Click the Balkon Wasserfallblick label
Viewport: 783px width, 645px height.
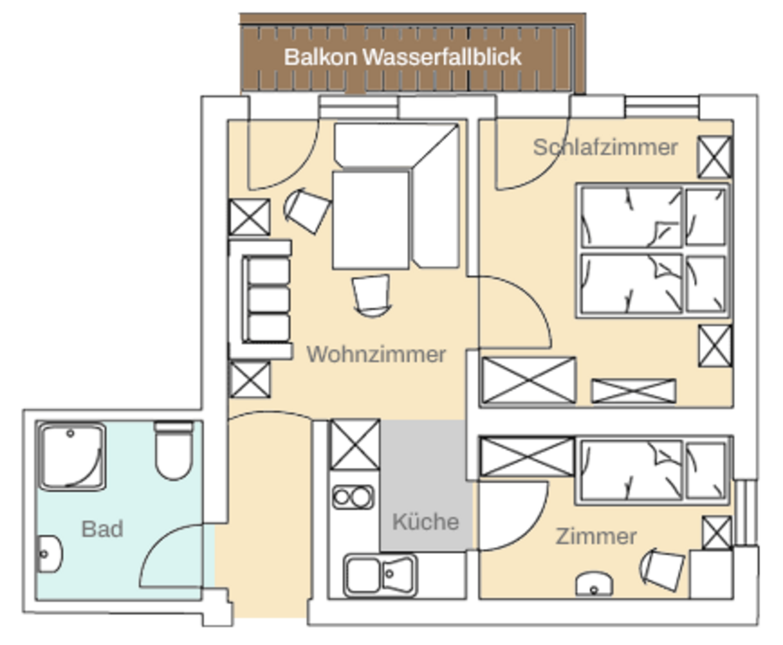coord(403,56)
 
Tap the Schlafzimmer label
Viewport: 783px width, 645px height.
coord(605,147)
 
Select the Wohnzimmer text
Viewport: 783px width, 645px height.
coord(376,354)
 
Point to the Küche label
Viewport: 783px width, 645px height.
coord(425,521)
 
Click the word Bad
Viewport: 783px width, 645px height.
coord(102,529)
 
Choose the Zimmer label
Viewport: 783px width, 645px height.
coord(596,536)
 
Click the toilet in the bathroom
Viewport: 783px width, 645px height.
coord(173,450)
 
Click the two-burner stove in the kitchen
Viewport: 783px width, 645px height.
coord(352,497)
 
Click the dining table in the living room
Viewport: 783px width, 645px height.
coord(370,220)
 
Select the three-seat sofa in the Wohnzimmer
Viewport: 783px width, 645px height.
coord(267,299)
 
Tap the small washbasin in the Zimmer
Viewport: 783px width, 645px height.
coord(594,585)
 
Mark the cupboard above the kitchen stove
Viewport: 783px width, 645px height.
coord(354,445)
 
